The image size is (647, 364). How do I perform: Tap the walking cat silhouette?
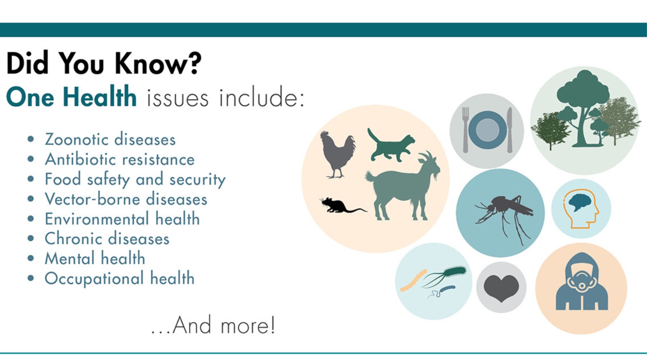point(391,146)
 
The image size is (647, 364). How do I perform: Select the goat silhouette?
point(403,188)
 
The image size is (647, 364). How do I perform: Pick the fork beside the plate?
point(465,130)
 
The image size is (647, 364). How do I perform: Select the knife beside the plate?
point(510,130)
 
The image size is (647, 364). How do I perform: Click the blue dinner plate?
point(488,130)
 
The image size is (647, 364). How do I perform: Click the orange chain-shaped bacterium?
point(414,280)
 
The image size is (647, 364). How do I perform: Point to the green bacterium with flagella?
point(445,276)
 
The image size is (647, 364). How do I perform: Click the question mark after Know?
point(192,63)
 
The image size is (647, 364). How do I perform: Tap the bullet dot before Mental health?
point(31,258)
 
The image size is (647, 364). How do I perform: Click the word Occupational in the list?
point(94,279)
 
